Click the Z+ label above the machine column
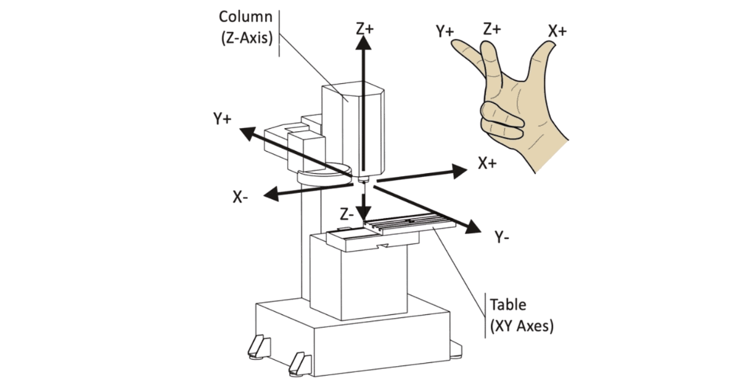364,28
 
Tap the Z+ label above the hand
493,28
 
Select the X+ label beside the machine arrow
488,163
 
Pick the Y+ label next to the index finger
445,31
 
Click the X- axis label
241,197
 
